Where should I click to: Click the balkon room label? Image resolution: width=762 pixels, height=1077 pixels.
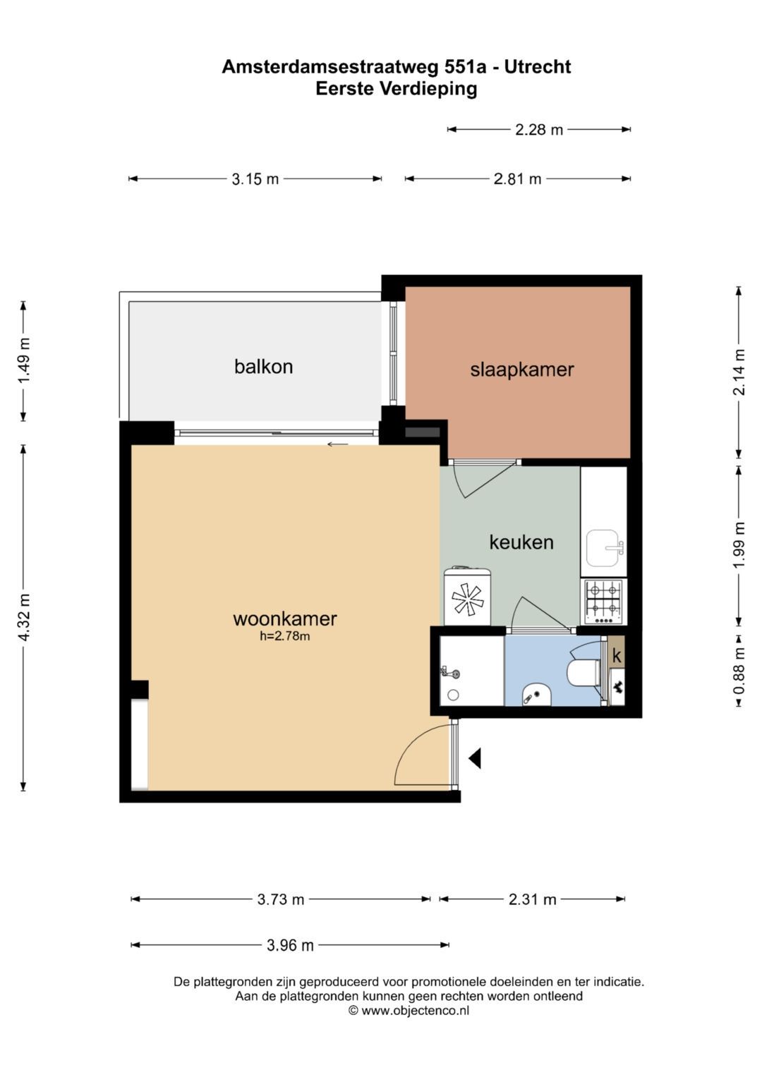coord(263,367)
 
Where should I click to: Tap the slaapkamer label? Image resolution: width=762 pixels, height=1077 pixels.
coord(522,370)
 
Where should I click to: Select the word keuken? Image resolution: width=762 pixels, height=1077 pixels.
coord(521,542)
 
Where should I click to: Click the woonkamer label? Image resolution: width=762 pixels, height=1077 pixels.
coord(285,619)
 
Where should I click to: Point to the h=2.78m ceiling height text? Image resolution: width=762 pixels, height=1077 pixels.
coord(285,636)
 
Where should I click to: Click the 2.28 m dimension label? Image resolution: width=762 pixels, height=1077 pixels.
coord(539,130)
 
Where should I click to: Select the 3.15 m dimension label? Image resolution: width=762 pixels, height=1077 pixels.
coord(255,179)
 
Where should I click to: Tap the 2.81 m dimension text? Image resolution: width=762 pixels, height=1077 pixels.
coord(517,179)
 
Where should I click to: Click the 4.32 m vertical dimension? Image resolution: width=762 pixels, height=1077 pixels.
coord(24,617)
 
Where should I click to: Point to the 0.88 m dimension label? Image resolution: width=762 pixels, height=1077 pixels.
coord(739,671)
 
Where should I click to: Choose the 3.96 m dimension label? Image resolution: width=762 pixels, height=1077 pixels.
coord(290,946)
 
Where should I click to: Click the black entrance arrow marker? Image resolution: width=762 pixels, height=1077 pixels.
coord(475,759)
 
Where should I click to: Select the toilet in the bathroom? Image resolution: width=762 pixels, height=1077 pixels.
coord(583,673)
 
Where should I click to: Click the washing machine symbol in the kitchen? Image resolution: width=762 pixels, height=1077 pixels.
coord(466,597)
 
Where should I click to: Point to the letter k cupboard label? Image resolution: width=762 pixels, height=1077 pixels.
coord(617,656)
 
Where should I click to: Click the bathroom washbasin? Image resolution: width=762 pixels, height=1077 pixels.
coord(537,695)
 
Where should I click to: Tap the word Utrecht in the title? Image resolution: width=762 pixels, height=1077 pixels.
coord(538,67)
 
